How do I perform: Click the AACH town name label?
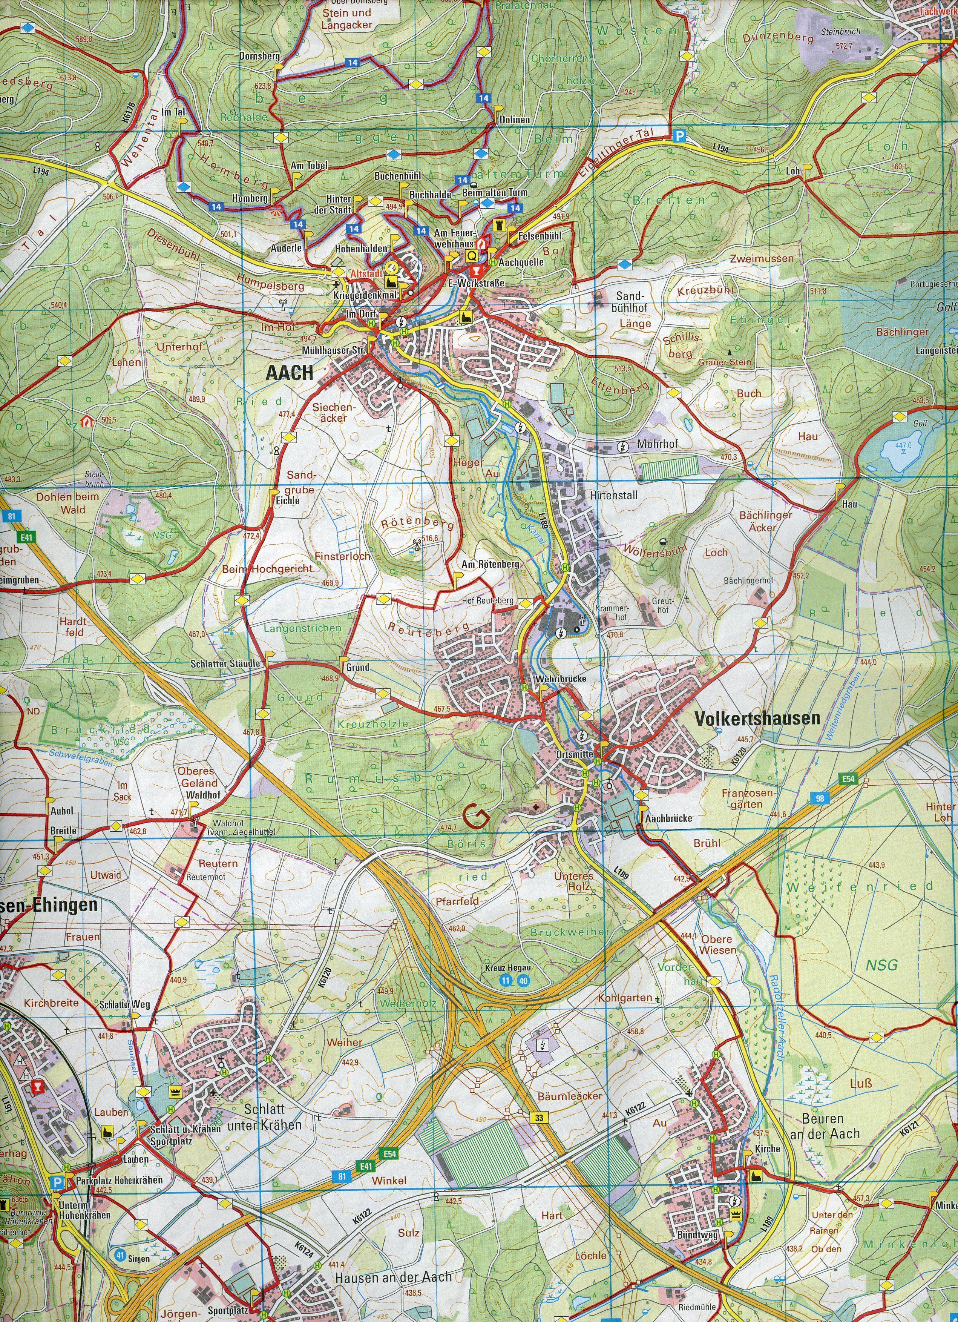pyautogui.click(x=289, y=373)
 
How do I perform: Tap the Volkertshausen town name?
pyautogui.click(x=757, y=719)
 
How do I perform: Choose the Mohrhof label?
pyautogui.click(x=657, y=444)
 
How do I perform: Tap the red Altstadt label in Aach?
pyautogui.click(x=365, y=273)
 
